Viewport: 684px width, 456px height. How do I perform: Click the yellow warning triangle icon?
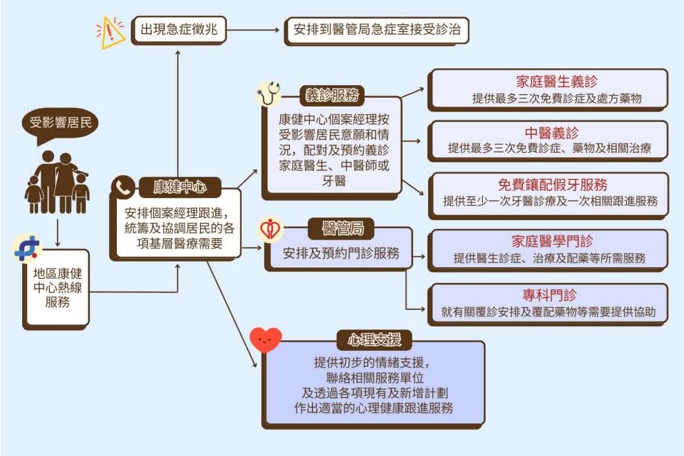pos(111,33)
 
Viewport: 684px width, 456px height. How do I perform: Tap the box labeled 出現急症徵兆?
pos(179,30)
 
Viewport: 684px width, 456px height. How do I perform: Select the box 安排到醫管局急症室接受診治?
pos(377,30)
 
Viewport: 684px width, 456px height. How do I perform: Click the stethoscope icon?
pos(268,93)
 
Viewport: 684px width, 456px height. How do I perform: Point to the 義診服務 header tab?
pos(332,95)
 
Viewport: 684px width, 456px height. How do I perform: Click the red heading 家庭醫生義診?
pos(557,82)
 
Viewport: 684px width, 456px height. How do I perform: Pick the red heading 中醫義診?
pos(552,133)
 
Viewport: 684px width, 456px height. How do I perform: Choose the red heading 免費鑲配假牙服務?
pos(553,185)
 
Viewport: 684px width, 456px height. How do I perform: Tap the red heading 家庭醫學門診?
pos(553,241)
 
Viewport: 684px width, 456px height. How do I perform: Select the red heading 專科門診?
pos(549,295)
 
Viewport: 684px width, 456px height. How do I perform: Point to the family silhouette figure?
pos(58,183)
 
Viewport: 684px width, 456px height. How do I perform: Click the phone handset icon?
pos(123,188)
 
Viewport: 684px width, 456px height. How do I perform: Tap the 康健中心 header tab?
pos(180,188)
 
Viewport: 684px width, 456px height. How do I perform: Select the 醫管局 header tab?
pos(341,228)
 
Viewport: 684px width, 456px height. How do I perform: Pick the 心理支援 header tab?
pos(374,340)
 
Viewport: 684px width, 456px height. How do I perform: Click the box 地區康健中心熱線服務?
pos(57,288)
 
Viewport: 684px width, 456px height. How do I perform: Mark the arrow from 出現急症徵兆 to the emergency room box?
pos(253,30)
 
